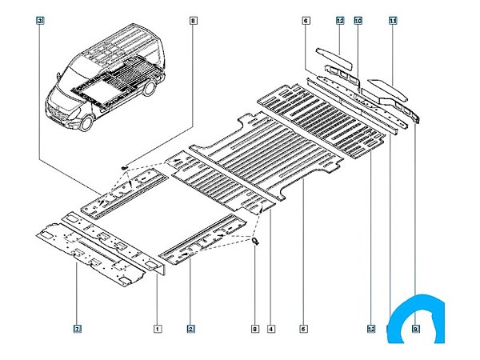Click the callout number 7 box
click(77, 329)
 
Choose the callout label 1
click(158, 329)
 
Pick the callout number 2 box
click(190, 329)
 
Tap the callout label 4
click(272, 329)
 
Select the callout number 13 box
click(371, 329)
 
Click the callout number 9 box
click(416, 329)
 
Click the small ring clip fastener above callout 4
click(255, 241)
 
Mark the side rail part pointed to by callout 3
click(128, 197)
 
